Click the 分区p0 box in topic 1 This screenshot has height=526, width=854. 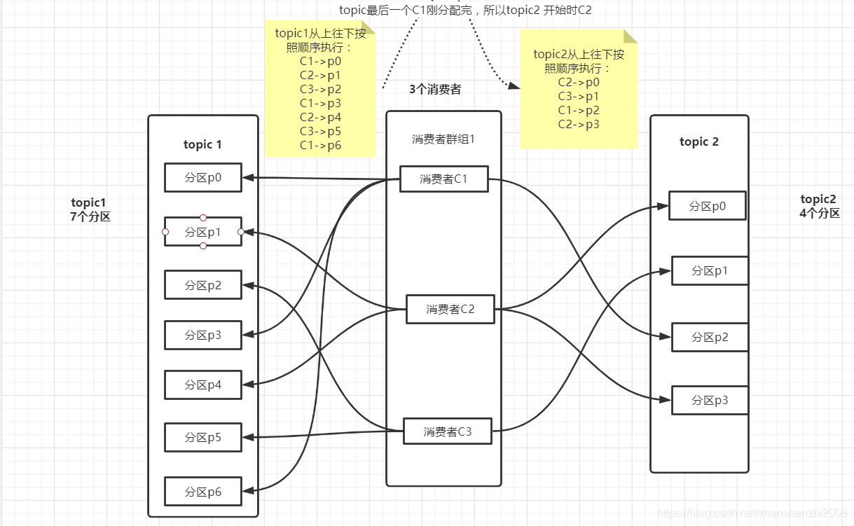203,178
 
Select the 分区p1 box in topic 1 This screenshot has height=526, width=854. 203,232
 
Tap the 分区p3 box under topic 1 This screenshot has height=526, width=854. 203,335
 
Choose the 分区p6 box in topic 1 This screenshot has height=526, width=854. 203,492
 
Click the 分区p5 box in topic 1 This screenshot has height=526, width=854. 203,437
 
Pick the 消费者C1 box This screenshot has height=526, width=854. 443,179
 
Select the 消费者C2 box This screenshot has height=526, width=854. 450,309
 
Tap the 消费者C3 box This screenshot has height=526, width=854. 447,431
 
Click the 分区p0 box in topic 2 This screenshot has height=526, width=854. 707,206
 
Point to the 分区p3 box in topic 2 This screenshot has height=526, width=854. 710,400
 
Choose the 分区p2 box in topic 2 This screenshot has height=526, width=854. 710,337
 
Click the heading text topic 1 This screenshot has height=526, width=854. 202,144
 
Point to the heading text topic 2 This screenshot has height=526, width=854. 698,141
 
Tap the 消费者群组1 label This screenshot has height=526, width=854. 443,139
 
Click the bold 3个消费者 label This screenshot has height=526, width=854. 435,90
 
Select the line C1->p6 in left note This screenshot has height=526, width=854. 320,145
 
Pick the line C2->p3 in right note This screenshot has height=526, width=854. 579,124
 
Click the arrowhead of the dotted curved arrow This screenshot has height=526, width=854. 515,85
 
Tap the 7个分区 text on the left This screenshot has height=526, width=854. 90,216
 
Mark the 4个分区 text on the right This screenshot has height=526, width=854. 819,213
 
